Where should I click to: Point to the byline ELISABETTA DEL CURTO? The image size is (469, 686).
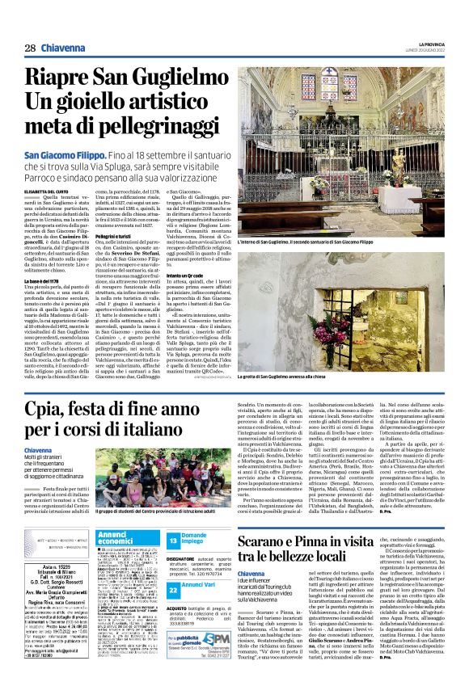click(x=50, y=191)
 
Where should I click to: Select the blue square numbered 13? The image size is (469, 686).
click(x=174, y=540)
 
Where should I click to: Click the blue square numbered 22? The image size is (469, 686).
click(x=174, y=590)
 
